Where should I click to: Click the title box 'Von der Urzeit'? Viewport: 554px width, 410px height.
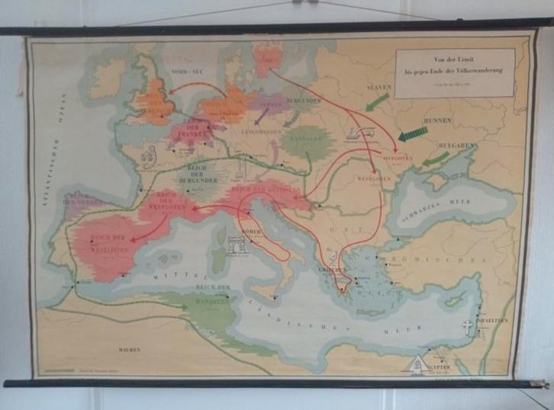click(x=455, y=72)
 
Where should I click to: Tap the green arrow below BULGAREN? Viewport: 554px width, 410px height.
click(x=436, y=159)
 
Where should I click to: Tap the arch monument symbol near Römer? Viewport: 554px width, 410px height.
click(x=237, y=246)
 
